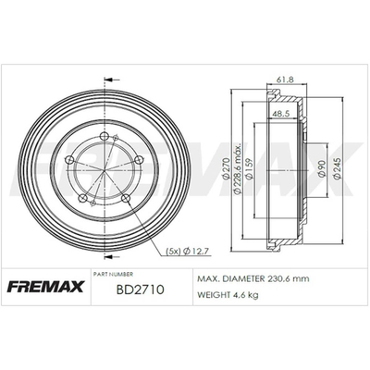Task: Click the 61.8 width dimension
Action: pyautogui.click(x=285, y=80)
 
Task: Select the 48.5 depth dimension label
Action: pyautogui.click(x=280, y=114)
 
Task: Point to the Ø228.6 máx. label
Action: pyautogui.click(x=238, y=168)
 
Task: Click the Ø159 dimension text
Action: pyautogui.click(x=250, y=168)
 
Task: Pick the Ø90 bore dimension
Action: pyautogui.click(x=321, y=168)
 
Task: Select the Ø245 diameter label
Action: pyautogui.click(x=338, y=168)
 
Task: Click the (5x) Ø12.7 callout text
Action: pyautogui.click(x=188, y=252)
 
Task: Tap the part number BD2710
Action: pyautogui.click(x=141, y=290)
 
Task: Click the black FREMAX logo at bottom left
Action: pyautogui.click(x=45, y=287)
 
